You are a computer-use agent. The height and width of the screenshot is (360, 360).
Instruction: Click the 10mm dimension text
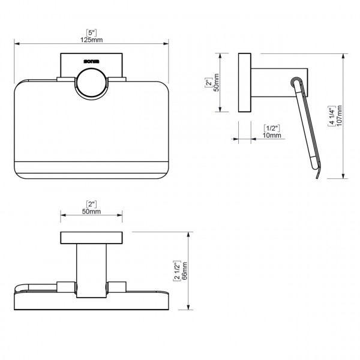click(x=272, y=136)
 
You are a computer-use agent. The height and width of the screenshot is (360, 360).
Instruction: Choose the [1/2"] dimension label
click(x=272, y=128)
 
